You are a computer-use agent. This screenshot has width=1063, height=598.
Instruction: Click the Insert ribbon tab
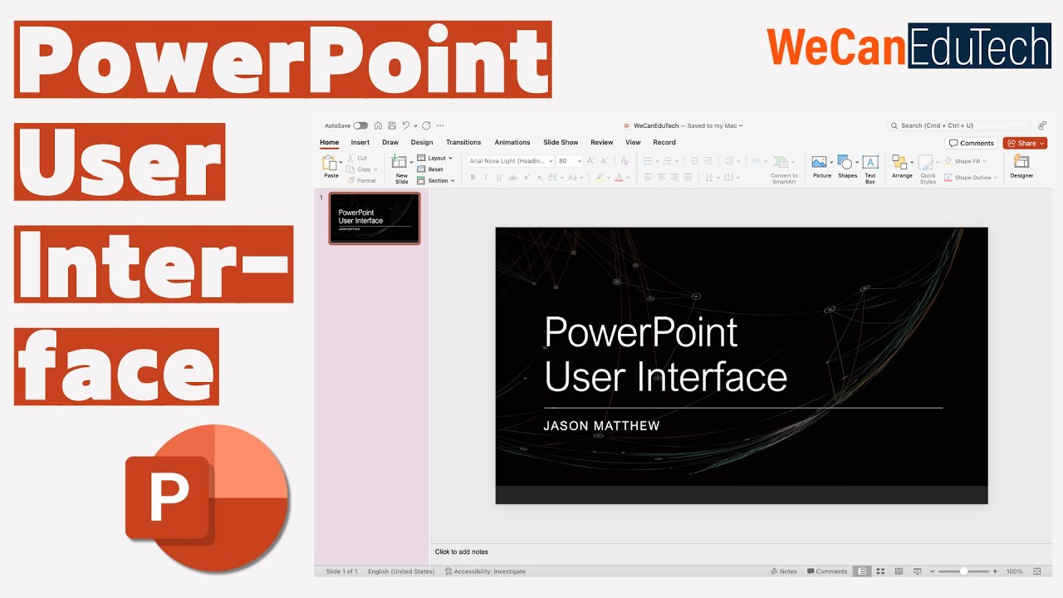click(360, 142)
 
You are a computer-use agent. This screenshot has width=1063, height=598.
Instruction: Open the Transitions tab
click(463, 142)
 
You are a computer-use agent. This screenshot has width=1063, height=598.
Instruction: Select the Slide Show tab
click(561, 142)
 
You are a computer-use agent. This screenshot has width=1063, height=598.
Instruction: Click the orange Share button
click(1024, 143)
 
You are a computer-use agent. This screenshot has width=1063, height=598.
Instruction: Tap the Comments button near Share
click(972, 143)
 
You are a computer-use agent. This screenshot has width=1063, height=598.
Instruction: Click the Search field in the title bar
click(955, 125)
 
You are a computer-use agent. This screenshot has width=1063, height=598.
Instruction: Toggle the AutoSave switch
click(360, 125)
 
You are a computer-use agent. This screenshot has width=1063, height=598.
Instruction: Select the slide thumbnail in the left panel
click(375, 218)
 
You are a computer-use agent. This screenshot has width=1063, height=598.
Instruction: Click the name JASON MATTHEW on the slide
click(601, 426)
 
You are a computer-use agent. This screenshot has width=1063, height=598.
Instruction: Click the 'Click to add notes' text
click(462, 551)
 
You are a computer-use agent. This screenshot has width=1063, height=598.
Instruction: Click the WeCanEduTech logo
click(909, 47)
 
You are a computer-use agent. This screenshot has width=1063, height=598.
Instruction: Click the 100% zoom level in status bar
click(1014, 571)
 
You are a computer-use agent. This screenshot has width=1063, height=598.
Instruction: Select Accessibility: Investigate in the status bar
click(485, 571)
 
